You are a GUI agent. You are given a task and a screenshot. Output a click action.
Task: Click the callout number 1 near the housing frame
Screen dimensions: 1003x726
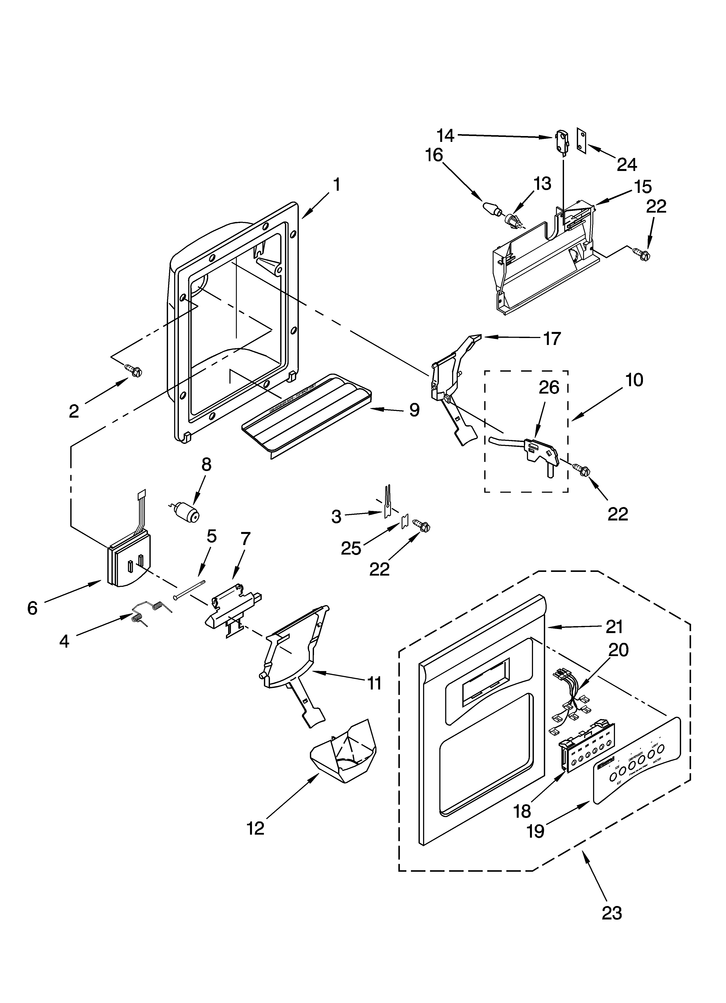[x=337, y=184]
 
